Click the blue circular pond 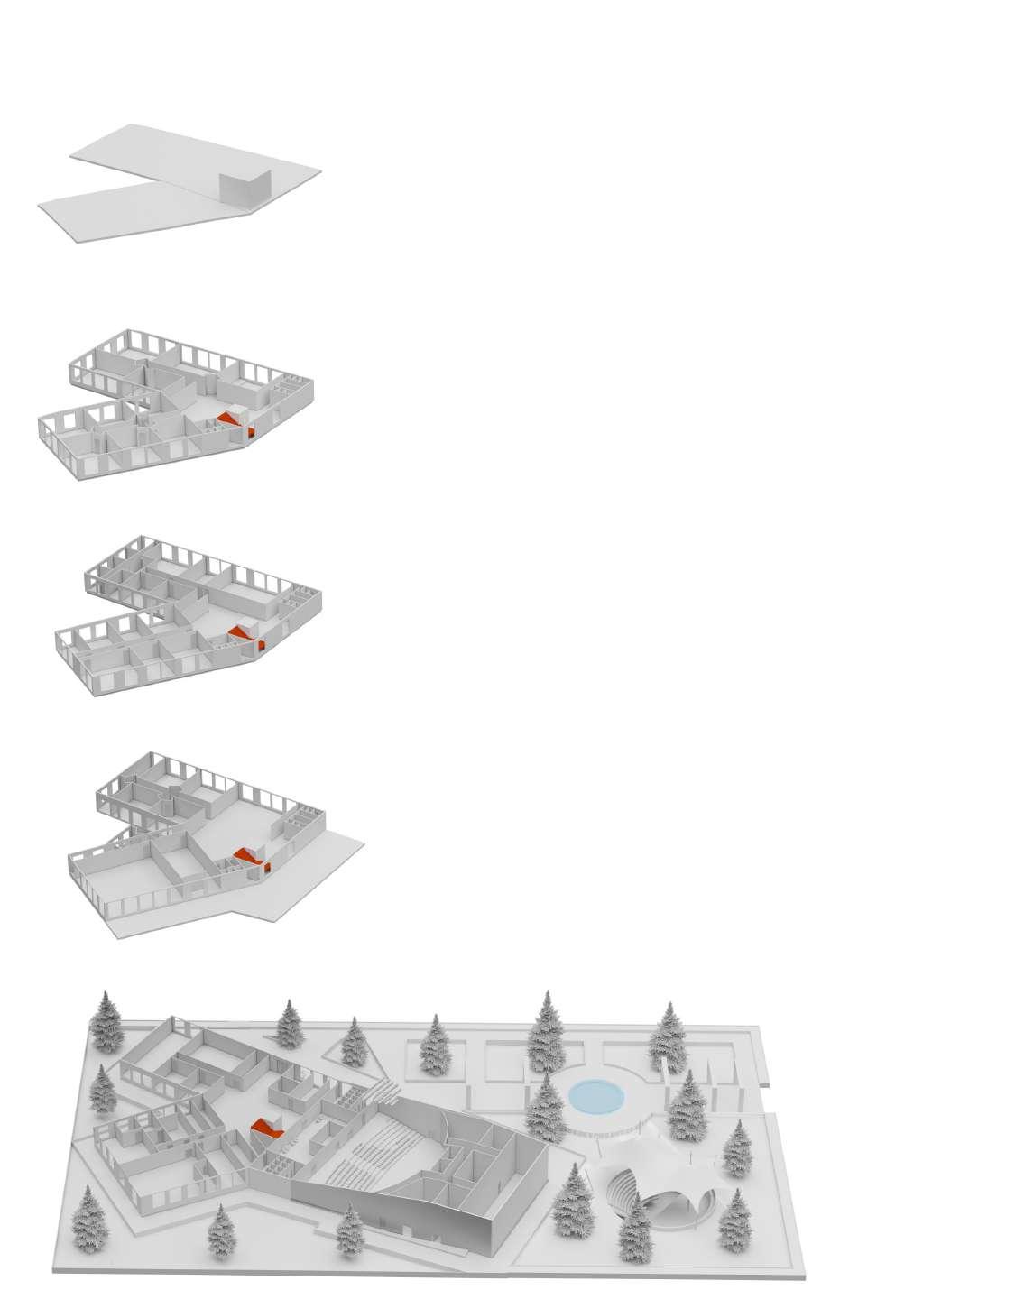(x=595, y=1096)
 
